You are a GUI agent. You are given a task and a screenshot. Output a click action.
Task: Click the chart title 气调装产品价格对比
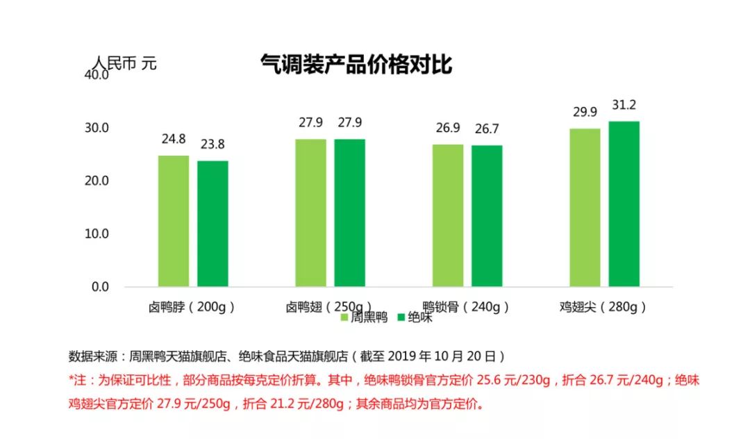point(356,65)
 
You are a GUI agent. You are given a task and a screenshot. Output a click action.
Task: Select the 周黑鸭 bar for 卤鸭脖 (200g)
point(173,221)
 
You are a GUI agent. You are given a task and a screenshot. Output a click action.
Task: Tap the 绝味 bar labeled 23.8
point(212,224)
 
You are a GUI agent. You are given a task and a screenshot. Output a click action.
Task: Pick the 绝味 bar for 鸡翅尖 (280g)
point(624,204)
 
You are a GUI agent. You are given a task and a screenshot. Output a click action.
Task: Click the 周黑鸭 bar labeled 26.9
point(448,215)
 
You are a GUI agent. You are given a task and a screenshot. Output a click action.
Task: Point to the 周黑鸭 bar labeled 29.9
point(585,207)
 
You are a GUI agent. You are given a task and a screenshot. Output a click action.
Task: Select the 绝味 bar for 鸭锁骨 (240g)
point(487,216)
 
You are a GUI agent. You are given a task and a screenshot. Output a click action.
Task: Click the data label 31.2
point(624,106)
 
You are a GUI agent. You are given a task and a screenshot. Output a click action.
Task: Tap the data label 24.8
point(174,139)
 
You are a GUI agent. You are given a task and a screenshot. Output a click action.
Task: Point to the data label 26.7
point(487,129)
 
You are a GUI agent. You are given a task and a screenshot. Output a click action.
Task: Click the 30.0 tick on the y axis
point(96,128)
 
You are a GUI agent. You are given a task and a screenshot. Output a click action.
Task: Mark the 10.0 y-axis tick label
point(96,234)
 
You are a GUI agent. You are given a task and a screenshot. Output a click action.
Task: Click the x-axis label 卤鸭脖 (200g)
point(192,306)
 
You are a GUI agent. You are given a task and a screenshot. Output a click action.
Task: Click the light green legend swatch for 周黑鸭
point(344,317)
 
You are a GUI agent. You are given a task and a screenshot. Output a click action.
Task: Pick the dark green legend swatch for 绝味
point(401,317)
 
